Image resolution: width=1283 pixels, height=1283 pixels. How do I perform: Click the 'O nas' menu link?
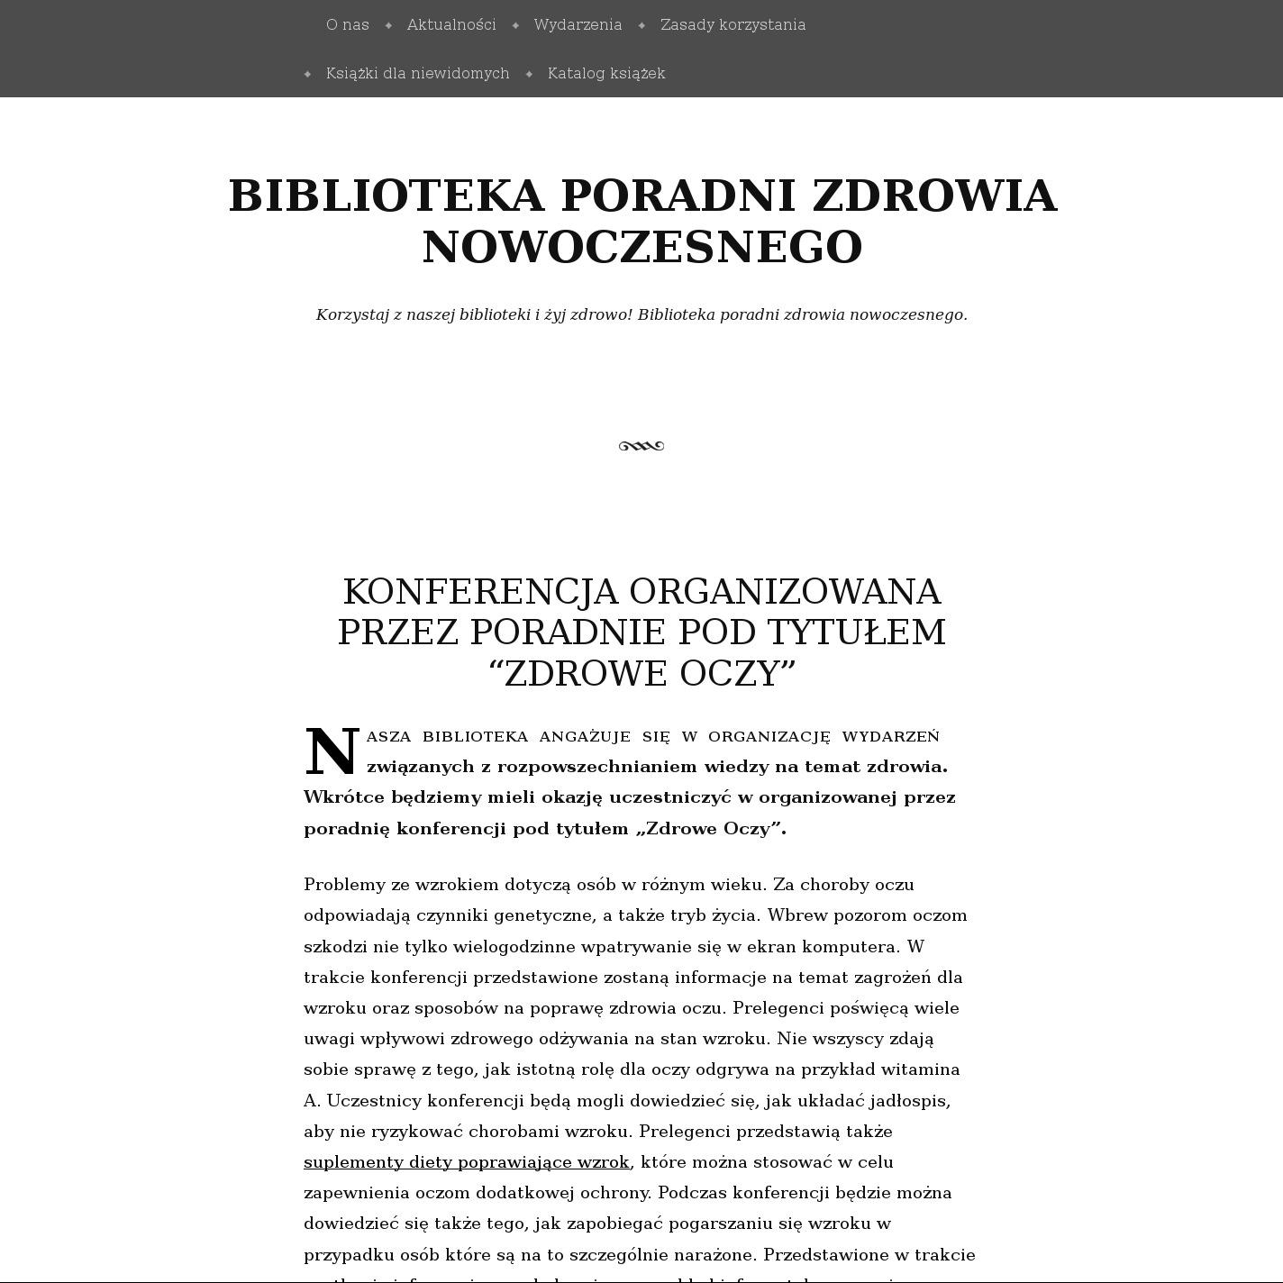click(x=348, y=24)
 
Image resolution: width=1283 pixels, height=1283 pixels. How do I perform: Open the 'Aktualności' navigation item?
click(x=451, y=24)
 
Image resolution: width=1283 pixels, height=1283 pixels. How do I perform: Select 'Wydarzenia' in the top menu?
click(x=578, y=24)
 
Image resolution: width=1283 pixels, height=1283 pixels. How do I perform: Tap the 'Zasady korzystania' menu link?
click(x=732, y=24)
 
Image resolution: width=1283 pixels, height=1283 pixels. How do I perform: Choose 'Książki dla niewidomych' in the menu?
click(x=418, y=73)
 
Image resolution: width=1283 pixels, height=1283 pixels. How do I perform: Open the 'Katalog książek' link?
click(x=606, y=73)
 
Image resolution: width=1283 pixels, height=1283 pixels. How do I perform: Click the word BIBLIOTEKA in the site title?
click(x=387, y=196)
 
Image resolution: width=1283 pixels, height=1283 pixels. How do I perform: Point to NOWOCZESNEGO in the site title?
click(x=642, y=247)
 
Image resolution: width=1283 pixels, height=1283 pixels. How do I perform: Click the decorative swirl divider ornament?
click(x=641, y=446)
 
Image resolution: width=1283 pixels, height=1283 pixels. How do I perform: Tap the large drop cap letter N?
click(x=332, y=752)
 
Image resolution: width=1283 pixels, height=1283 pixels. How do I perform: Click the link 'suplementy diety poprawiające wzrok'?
click(x=467, y=1161)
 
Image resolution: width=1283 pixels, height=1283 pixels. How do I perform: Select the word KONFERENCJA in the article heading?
click(x=480, y=592)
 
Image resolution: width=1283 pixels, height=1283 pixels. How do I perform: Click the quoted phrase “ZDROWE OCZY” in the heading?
click(x=642, y=674)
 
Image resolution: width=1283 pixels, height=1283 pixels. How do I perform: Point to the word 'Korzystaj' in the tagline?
click(x=351, y=314)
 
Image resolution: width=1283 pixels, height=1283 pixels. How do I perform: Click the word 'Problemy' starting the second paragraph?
click(x=344, y=885)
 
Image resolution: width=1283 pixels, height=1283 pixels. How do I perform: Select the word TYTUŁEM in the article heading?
click(x=856, y=632)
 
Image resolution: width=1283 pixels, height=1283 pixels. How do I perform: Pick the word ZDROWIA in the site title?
click(x=933, y=196)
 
